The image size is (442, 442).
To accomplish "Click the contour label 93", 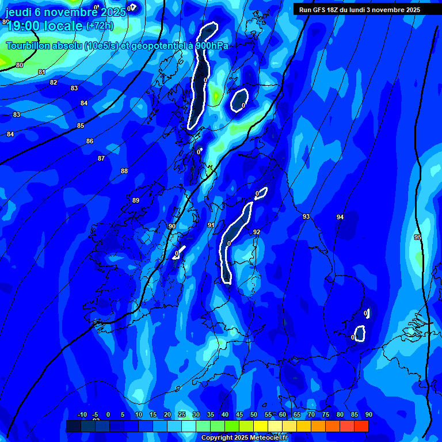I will [x=306, y=217].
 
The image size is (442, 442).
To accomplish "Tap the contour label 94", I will [x=340, y=217].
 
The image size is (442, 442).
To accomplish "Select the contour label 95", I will [x=418, y=237].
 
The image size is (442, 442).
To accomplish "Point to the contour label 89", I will [x=136, y=200].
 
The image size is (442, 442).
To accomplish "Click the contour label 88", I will [x=124, y=171].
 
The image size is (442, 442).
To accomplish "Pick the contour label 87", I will [x=101, y=158].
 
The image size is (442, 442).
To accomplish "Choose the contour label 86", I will [x=90, y=141].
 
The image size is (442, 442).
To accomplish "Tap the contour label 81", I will [x=41, y=72].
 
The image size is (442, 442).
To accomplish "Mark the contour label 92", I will [x=257, y=232].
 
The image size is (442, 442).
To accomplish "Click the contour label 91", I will [x=211, y=225].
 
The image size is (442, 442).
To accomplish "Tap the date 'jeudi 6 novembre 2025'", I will [x=63, y=12].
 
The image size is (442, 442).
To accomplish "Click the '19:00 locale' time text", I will [x=44, y=26].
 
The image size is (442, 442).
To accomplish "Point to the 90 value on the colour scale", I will [x=368, y=414].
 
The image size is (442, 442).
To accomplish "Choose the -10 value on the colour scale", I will [x=82, y=414].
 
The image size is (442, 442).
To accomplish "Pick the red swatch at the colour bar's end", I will [x=361, y=426].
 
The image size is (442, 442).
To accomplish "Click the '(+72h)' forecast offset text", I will [x=100, y=26].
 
